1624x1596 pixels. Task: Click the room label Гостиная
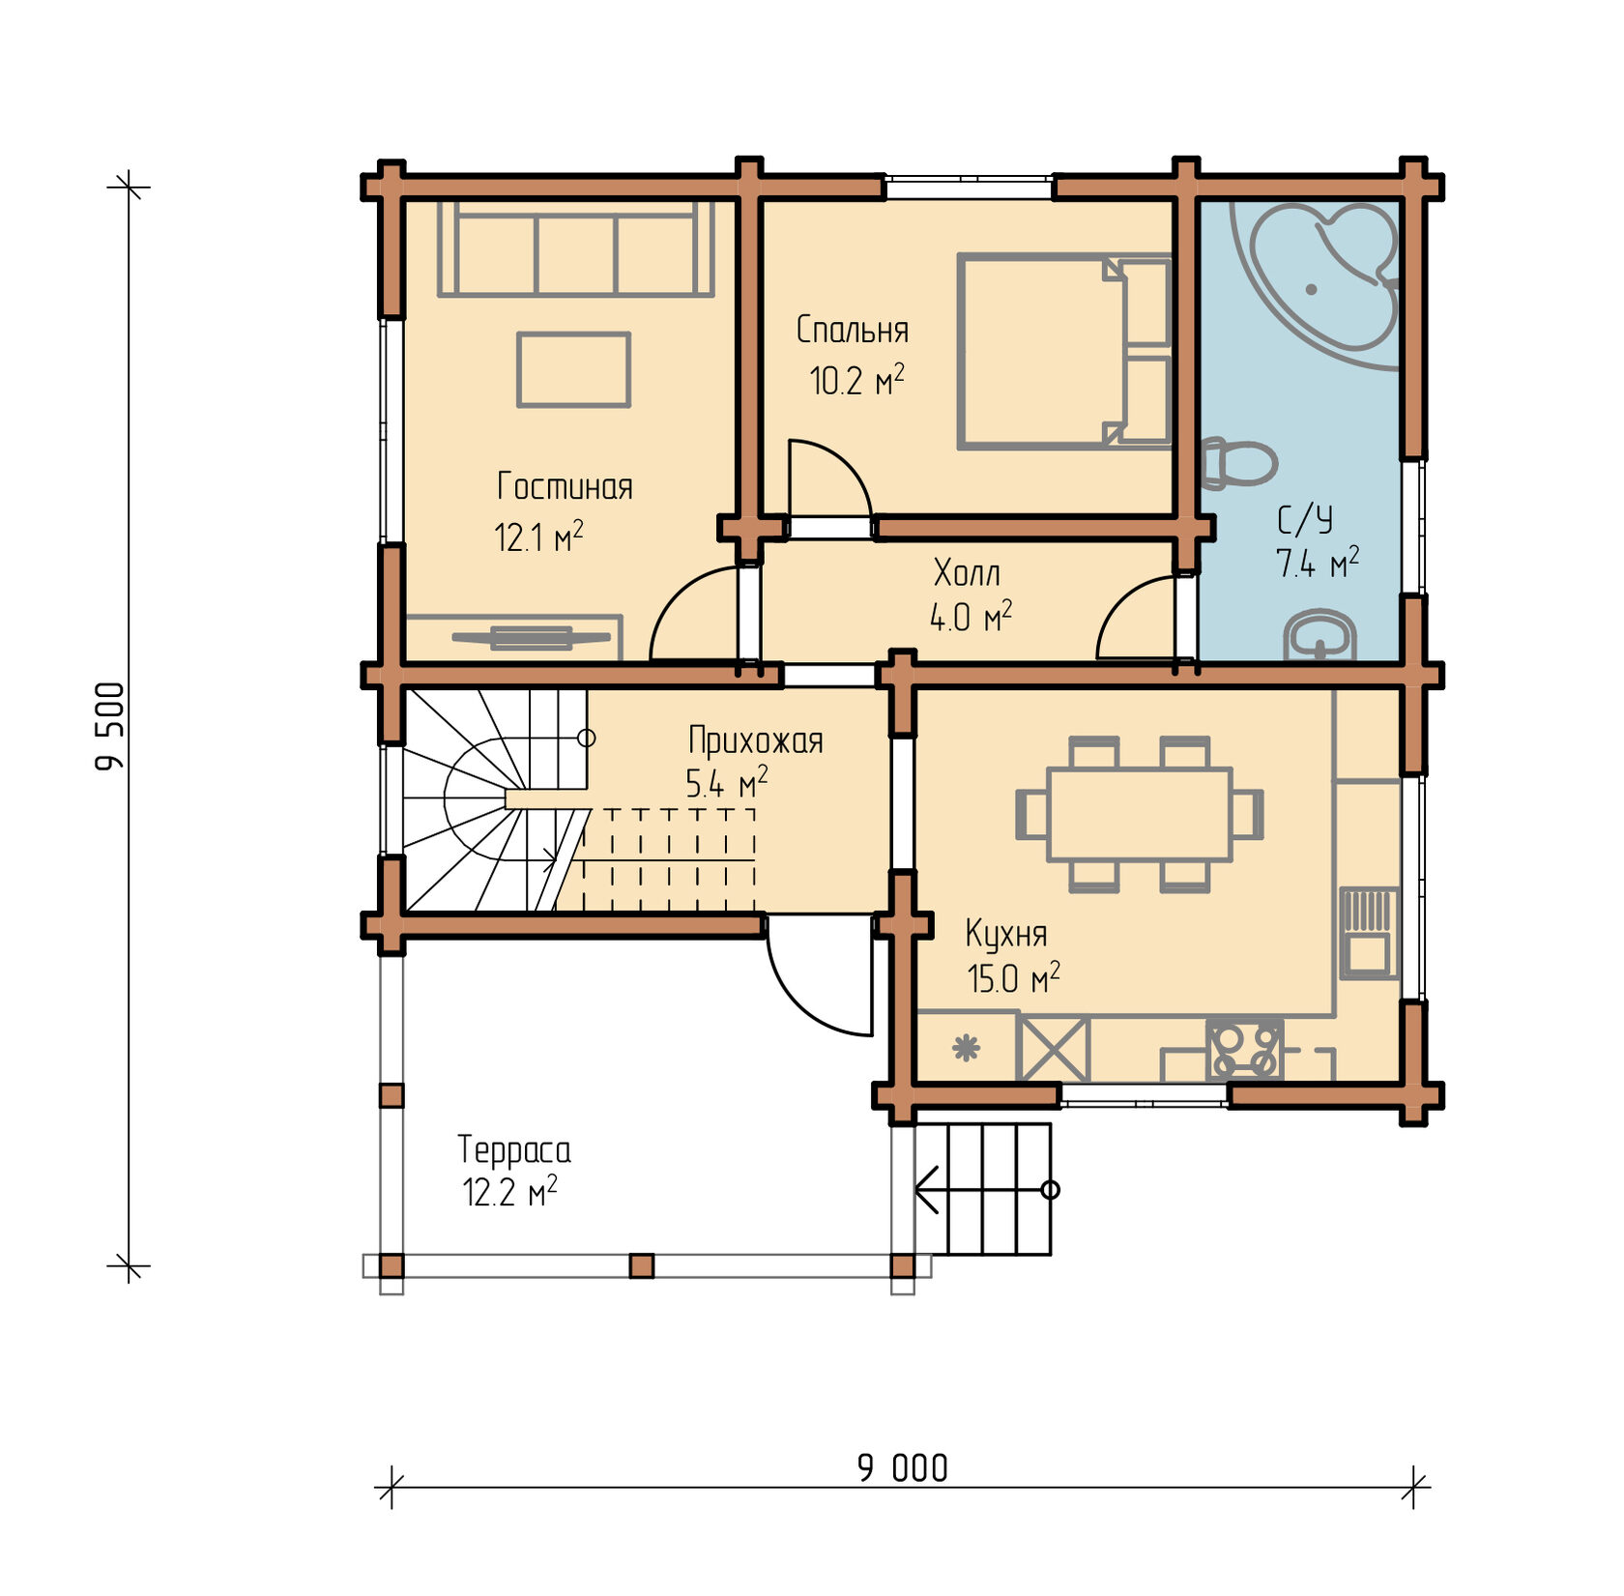[565, 486]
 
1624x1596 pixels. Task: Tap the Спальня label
[853, 331]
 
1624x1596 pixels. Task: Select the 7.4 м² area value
[1318, 562]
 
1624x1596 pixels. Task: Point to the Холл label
[967, 573]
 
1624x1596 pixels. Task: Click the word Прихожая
[756, 741]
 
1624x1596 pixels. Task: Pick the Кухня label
[1006, 934]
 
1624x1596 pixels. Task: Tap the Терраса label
[514, 1150]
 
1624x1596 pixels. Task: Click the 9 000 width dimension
[903, 1468]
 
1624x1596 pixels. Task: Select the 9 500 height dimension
[111, 726]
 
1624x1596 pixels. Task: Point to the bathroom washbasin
[1319, 635]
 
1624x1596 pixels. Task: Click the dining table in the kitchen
[1140, 814]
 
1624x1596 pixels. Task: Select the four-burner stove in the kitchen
[1245, 1049]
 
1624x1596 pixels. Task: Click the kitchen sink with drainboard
[1369, 933]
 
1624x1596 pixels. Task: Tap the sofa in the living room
[575, 248]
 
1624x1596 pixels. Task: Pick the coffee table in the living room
[573, 369]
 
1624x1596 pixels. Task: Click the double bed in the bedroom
[1064, 352]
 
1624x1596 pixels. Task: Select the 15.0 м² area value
[1013, 978]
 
